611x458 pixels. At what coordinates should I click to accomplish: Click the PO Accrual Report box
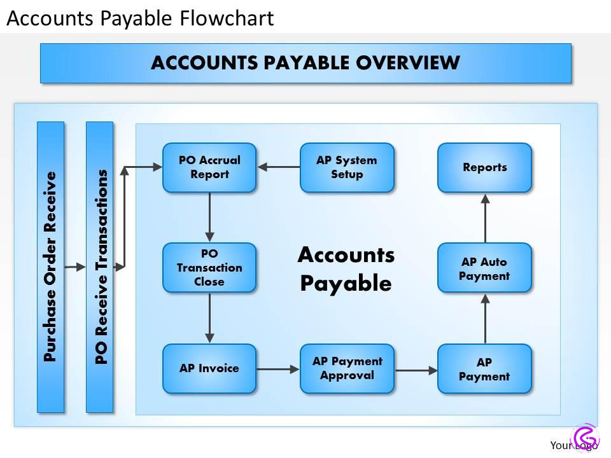click(x=209, y=168)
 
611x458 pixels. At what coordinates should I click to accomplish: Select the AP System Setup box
click(x=347, y=168)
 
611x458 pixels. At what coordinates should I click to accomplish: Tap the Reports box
click(x=484, y=168)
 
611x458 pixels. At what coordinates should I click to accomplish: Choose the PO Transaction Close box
click(x=209, y=268)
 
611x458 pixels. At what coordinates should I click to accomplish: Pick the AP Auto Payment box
click(x=484, y=268)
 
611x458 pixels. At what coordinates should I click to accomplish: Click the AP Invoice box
click(x=209, y=368)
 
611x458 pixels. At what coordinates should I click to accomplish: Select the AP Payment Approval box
click(x=347, y=368)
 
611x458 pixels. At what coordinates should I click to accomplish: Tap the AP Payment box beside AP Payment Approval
click(x=484, y=368)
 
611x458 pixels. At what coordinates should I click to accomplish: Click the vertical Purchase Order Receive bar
click(x=51, y=267)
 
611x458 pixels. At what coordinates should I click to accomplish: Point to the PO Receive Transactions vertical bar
click(x=100, y=267)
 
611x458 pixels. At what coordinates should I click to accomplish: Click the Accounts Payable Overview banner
click(x=305, y=63)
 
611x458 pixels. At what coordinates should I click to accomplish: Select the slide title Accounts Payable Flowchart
click(x=140, y=18)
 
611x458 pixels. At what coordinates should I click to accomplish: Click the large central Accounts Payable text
click(x=346, y=268)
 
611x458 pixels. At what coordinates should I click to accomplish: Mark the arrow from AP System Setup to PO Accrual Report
click(x=278, y=168)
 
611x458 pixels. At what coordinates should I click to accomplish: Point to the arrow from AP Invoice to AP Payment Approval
click(x=278, y=368)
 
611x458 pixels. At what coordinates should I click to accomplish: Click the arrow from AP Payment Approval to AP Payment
click(x=416, y=368)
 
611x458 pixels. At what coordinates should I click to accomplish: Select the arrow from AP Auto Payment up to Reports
click(x=484, y=218)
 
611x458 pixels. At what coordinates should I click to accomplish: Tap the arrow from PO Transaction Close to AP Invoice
click(x=209, y=318)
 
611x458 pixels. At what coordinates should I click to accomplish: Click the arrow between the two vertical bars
click(x=75, y=267)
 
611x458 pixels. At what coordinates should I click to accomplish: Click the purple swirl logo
click(x=586, y=438)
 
